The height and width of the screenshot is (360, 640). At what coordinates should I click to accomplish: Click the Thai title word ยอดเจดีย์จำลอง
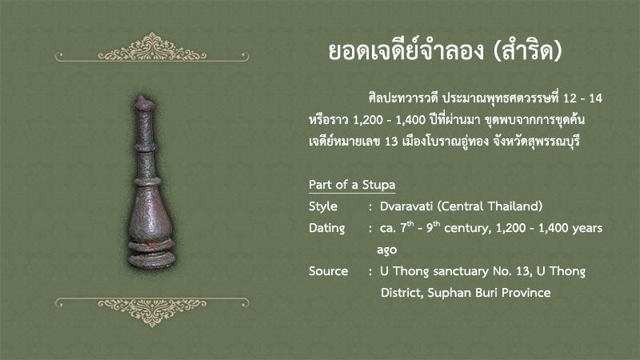(x=406, y=51)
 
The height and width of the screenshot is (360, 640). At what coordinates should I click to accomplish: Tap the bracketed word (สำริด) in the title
(x=528, y=51)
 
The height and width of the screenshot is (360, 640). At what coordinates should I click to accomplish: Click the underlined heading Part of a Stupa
(x=352, y=185)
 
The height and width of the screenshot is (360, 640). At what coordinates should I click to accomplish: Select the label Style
(x=323, y=206)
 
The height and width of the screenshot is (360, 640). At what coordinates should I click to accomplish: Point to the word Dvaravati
(x=406, y=206)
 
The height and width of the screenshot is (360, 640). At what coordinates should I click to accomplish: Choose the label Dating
(x=326, y=228)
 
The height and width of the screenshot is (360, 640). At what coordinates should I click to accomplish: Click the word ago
(x=386, y=250)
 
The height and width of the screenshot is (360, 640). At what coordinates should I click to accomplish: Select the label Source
(x=328, y=271)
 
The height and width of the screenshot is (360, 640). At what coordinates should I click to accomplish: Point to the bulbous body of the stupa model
(x=150, y=214)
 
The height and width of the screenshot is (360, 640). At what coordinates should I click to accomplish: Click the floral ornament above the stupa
(x=152, y=47)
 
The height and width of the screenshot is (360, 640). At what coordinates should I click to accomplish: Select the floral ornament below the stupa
(x=152, y=312)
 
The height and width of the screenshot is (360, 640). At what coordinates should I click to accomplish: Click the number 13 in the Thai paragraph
(x=391, y=142)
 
